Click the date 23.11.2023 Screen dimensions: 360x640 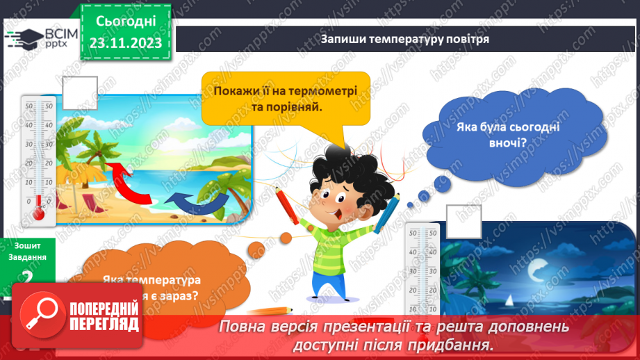click(x=126, y=43)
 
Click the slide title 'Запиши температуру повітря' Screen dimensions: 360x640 click(x=405, y=39)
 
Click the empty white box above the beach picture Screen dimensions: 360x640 click(x=79, y=92)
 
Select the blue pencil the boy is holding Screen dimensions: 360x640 click(x=388, y=211)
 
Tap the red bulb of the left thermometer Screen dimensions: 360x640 click(x=39, y=211)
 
